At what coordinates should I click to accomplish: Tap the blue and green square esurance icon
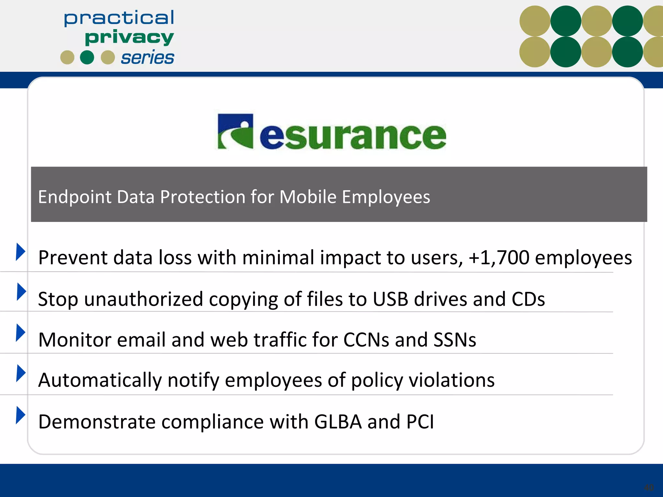pos(235,131)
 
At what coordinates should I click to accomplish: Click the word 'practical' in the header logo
pos(119,18)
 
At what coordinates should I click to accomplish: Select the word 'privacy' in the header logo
pos(129,38)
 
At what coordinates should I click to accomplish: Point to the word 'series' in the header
pos(147,58)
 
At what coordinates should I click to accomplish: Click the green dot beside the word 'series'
pos(87,58)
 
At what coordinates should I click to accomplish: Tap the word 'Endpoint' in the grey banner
pos(74,197)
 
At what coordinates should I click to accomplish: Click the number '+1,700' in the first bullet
pos(499,258)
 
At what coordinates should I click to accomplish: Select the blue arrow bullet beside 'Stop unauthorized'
pos(21,292)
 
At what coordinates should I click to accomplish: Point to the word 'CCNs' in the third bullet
pos(366,340)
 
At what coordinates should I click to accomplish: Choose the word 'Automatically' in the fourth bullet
pos(100,380)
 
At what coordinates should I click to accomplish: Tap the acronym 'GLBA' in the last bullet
pos(338,422)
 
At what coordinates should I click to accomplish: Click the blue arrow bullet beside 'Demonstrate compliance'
pos(20,415)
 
